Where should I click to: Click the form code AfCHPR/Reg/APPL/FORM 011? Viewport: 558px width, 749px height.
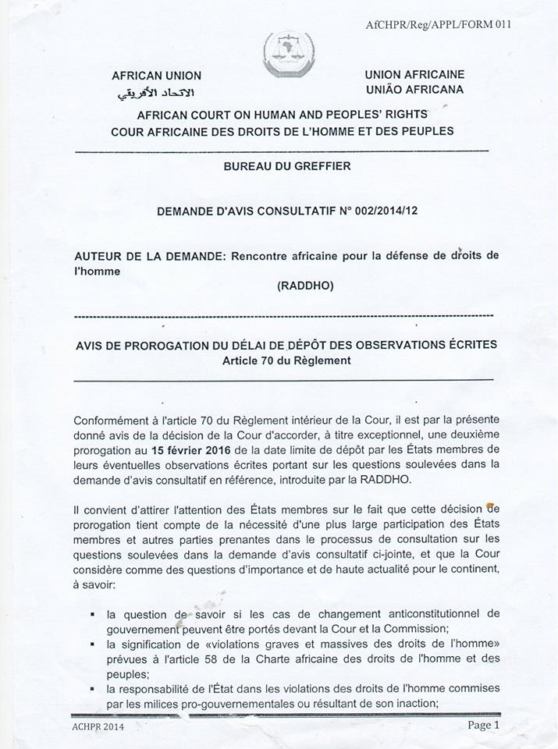(x=439, y=24)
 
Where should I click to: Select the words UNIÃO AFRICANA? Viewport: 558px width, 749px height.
(x=414, y=90)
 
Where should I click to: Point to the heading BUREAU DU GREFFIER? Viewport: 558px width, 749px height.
(x=286, y=166)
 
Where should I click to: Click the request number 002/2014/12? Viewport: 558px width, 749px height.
(x=383, y=211)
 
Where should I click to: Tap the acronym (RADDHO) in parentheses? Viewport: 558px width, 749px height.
(x=305, y=286)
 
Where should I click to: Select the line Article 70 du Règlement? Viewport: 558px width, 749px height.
(x=286, y=360)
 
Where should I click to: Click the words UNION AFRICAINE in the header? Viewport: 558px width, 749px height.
(x=414, y=74)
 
